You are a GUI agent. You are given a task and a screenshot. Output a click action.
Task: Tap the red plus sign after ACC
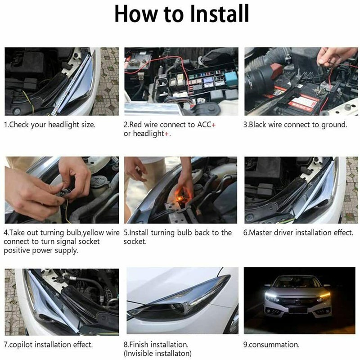(x=213, y=125)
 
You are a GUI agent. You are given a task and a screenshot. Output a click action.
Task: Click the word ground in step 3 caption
(x=333, y=125)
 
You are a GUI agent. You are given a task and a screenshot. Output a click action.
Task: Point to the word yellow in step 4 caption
(x=94, y=233)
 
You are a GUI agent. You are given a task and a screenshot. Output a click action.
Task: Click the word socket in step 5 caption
(x=135, y=242)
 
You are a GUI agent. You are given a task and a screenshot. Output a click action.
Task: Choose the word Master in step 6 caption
(x=261, y=233)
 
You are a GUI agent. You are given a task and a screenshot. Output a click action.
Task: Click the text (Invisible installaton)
(x=157, y=353)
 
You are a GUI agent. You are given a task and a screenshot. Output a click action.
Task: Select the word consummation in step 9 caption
(x=274, y=345)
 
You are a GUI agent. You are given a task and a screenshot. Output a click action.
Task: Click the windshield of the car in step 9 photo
(x=298, y=282)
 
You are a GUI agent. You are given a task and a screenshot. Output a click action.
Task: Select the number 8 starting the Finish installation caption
(x=126, y=345)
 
